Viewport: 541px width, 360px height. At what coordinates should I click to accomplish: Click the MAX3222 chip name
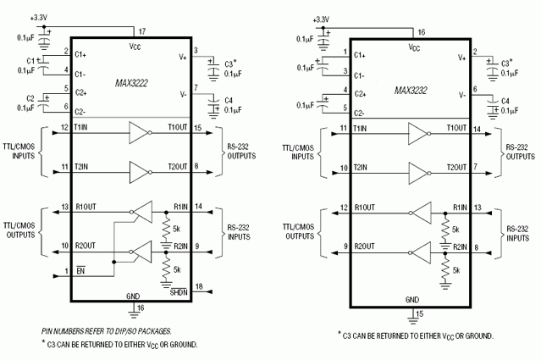coord(131,83)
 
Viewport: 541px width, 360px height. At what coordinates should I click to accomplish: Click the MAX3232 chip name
coord(411,91)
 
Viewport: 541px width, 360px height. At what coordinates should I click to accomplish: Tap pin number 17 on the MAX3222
coord(142,31)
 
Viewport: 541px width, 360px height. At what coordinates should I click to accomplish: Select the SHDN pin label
coord(179,292)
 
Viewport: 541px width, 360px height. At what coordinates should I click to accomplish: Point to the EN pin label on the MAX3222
coord(80,270)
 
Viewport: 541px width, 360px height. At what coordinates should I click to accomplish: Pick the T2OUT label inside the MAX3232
coord(456,168)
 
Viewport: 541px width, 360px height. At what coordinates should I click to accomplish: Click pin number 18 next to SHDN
coord(199,286)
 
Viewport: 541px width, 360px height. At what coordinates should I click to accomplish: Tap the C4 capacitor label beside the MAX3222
coord(229,101)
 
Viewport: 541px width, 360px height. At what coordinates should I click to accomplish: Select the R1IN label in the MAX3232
coord(460,208)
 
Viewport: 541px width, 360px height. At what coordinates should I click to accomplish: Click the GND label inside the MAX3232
coord(412,300)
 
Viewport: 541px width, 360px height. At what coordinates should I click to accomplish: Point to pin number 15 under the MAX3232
coord(419,313)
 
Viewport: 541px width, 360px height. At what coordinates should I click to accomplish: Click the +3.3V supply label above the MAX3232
coord(321,19)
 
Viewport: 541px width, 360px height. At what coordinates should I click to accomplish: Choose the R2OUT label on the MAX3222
coord(86,246)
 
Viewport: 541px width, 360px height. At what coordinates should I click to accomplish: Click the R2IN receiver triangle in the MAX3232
coord(420,253)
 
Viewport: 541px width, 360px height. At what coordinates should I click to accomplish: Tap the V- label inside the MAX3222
coord(183,94)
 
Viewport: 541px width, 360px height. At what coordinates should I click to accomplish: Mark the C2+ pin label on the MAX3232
coord(360,94)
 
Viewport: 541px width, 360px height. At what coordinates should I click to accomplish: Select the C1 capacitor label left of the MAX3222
coord(30,61)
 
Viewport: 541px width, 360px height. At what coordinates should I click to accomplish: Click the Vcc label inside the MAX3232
coord(414,47)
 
